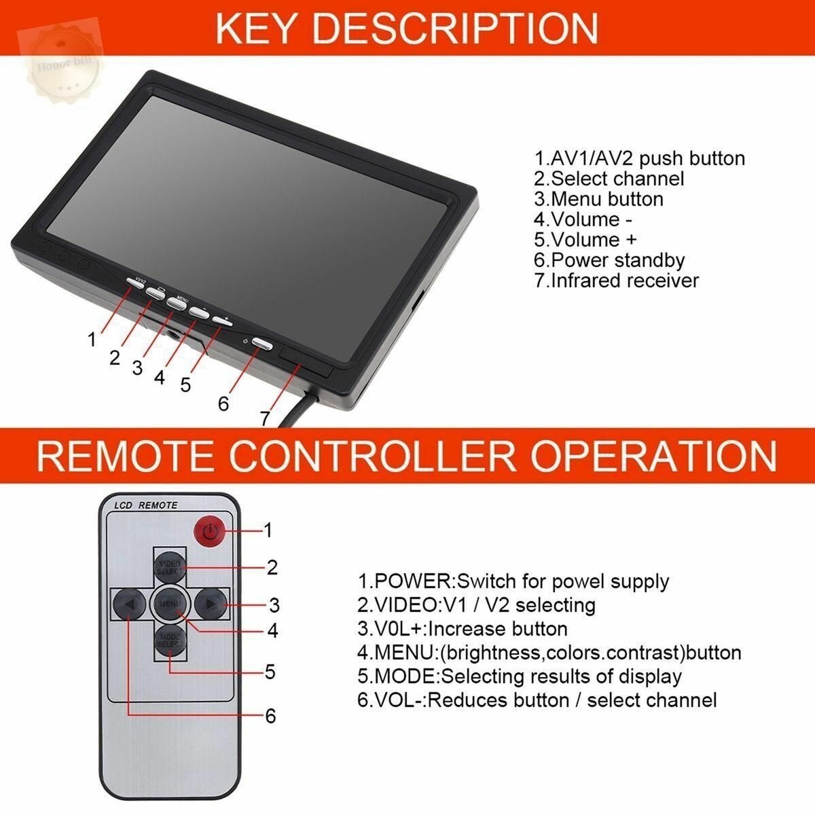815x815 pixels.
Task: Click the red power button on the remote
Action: [x=211, y=531]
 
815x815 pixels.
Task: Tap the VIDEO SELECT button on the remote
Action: [x=169, y=568]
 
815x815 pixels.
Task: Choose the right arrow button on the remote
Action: [x=211, y=603]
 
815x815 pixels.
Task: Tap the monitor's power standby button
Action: [x=261, y=344]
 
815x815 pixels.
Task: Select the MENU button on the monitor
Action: [x=177, y=304]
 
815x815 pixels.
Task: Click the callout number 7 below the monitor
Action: [x=265, y=418]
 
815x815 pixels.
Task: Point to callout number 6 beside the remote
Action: [x=270, y=715]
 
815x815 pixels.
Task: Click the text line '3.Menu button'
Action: [x=598, y=199]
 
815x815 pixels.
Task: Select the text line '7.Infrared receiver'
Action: [x=616, y=280]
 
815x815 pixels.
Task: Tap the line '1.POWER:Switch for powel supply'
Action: [x=513, y=581]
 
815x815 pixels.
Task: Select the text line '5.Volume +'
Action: [x=585, y=240]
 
